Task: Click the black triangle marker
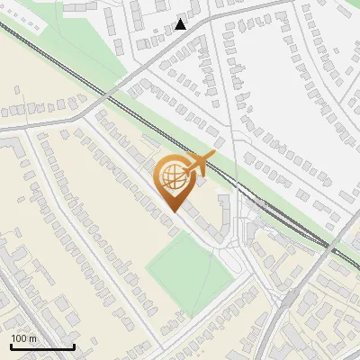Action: click(x=181, y=23)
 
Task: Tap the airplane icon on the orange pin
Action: click(x=198, y=165)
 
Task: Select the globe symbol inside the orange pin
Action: click(x=172, y=179)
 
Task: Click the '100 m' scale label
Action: click(x=23, y=338)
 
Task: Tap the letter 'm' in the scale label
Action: click(x=32, y=338)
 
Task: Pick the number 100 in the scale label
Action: click(x=19, y=338)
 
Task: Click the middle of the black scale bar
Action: click(x=42, y=346)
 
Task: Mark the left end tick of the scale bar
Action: click(x=11, y=346)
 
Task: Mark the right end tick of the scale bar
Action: click(x=74, y=346)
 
